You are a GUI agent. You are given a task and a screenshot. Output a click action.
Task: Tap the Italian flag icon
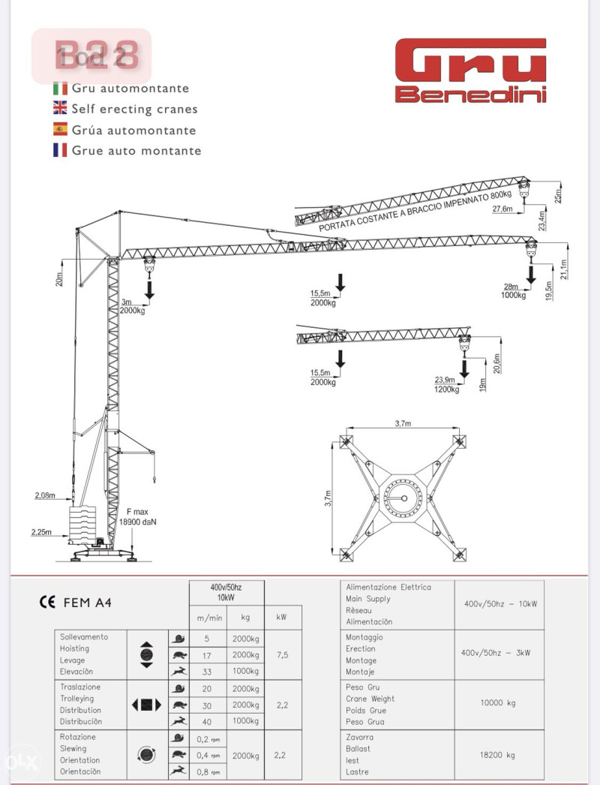click(x=60, y=89)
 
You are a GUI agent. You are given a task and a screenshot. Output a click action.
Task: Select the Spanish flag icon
click(x=60, y=130)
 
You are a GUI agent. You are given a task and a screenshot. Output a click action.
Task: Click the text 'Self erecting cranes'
click(x=135, y=110)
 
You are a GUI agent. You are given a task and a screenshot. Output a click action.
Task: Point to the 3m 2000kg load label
click(x=133, y=305)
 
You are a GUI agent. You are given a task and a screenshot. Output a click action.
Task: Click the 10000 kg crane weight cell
click(x=499, y=704)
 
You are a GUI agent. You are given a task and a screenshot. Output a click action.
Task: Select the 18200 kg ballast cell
click(x=499, y=754)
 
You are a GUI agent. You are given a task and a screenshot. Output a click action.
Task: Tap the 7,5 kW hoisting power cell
click(x=281, y=654)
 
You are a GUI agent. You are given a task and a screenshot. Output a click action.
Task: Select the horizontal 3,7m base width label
click(x=403, y=424)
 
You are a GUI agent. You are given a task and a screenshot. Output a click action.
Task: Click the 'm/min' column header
click(x=208, y=618)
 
